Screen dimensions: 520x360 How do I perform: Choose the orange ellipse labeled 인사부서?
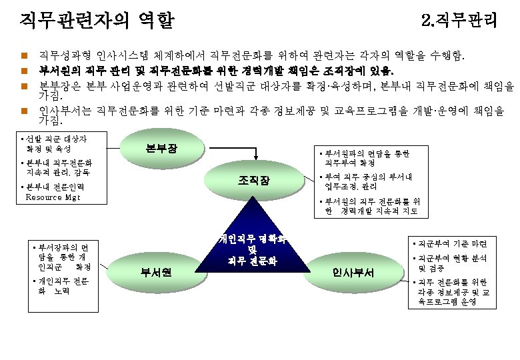(353, 272)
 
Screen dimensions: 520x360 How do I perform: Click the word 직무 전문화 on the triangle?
(252, 259)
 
